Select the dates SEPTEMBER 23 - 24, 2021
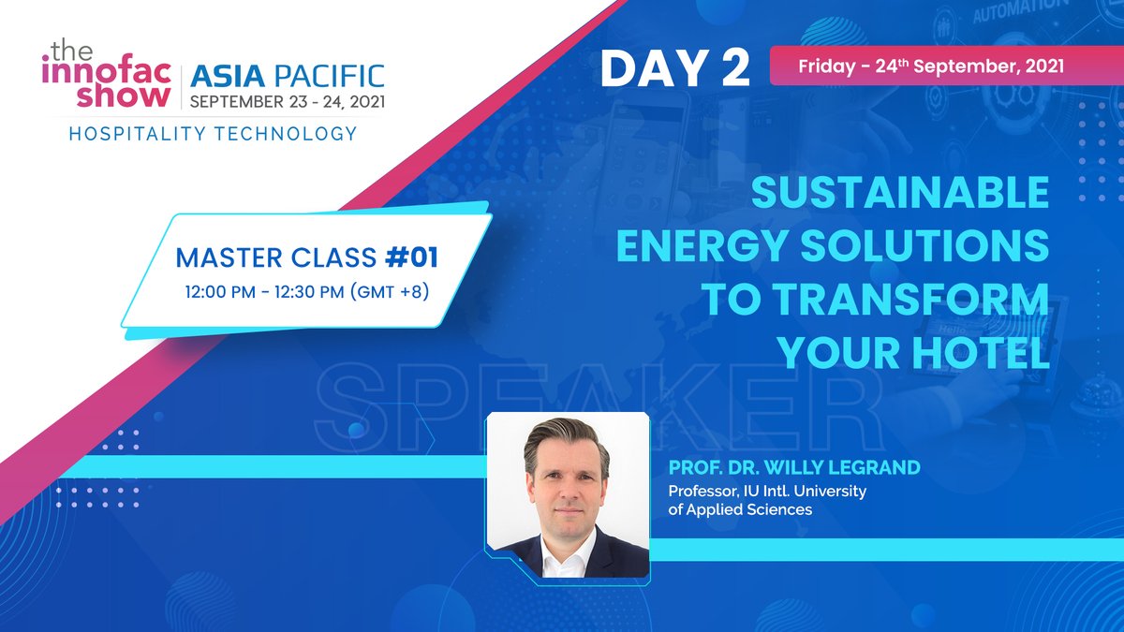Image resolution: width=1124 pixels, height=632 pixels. point(287,99)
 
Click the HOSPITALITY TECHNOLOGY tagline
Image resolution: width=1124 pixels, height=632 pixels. point(213,134)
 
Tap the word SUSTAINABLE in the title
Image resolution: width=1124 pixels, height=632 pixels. point(899,194)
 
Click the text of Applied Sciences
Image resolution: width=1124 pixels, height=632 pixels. point(739,510)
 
